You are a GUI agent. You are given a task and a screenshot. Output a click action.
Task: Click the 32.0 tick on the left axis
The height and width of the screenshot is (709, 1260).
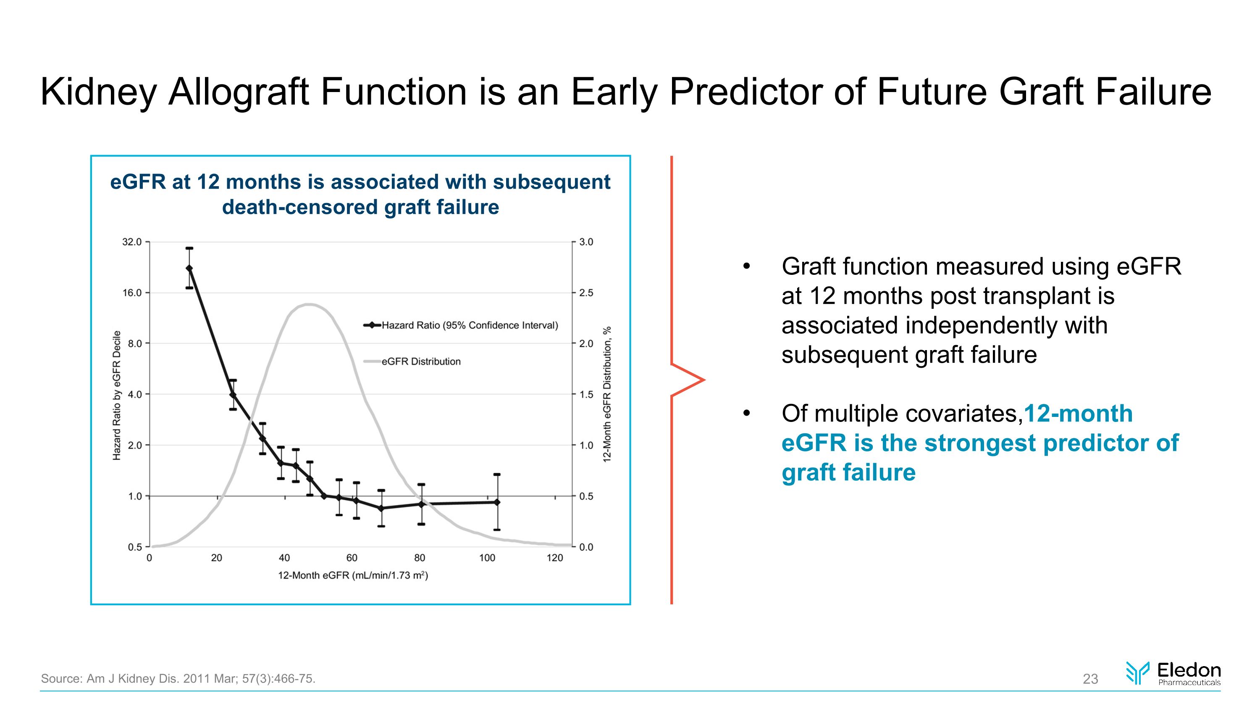click(132, 242)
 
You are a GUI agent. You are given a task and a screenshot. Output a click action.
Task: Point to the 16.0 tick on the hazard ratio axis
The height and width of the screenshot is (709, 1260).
click(132, 293)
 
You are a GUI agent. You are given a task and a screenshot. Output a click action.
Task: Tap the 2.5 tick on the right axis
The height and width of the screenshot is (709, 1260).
click(586, 293)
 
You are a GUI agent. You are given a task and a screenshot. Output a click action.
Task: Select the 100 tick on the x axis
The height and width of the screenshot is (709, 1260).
click(487, 558)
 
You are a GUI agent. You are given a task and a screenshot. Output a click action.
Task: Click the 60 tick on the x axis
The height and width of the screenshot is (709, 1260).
click(352, 558)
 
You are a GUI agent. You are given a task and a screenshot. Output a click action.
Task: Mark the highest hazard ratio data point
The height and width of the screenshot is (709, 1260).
click(189, 268)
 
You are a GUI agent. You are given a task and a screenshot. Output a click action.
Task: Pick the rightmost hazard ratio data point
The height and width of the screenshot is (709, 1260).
click(497, 502)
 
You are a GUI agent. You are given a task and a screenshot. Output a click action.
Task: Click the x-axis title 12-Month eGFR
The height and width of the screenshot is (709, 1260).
click(353, 575)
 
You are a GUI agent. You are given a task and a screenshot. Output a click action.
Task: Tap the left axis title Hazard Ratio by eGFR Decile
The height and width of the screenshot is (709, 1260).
click(116, 395)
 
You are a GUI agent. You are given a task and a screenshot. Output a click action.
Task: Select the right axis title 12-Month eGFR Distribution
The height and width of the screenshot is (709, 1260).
click(607, 394)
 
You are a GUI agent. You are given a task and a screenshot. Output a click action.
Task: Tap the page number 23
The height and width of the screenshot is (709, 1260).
click(1090, 679)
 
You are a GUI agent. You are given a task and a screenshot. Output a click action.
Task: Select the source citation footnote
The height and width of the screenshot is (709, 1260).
click(178, 679)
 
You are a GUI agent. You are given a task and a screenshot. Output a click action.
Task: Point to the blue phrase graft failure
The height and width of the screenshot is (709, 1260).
click(848, 473)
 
